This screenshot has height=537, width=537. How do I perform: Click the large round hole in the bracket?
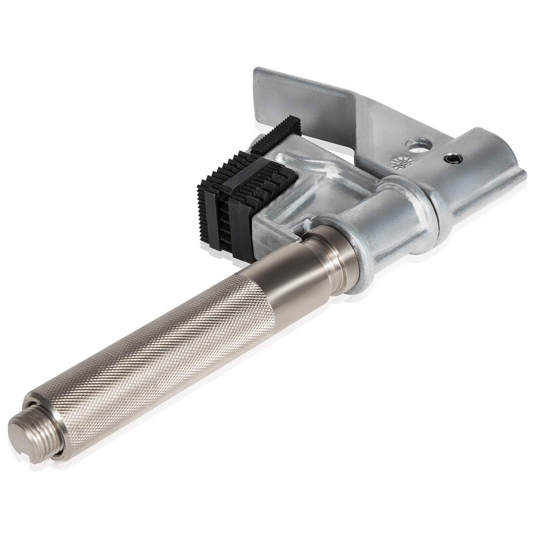tap(419, 144)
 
